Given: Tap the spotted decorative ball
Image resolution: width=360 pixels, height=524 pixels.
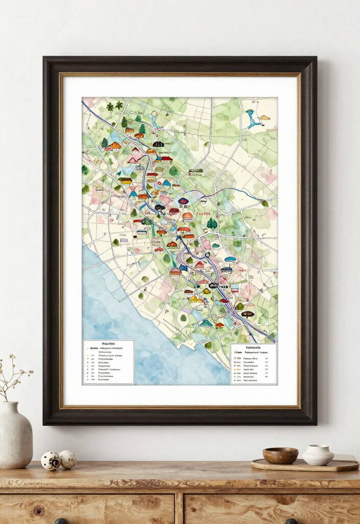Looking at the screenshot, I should pos(51,461).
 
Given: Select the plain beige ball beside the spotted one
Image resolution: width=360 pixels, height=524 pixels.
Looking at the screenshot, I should pos(67,459).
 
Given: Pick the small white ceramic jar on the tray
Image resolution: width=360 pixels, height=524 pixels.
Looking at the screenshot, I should pos(318,455).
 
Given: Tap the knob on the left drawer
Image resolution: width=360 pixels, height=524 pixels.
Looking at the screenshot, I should pos(61,521).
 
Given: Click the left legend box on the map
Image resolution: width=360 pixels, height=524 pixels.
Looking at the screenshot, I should pos(108,362).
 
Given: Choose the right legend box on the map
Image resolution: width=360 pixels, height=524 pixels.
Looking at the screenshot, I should pos(253,364).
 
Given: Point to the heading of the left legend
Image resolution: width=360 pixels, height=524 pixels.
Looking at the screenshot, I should pos(108,344).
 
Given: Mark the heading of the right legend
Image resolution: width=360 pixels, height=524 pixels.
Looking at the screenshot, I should pos(254,347).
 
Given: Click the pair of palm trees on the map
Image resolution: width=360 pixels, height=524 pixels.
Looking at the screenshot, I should pos(115,106).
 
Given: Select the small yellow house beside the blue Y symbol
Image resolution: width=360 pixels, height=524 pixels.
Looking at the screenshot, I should pos(264,118).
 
